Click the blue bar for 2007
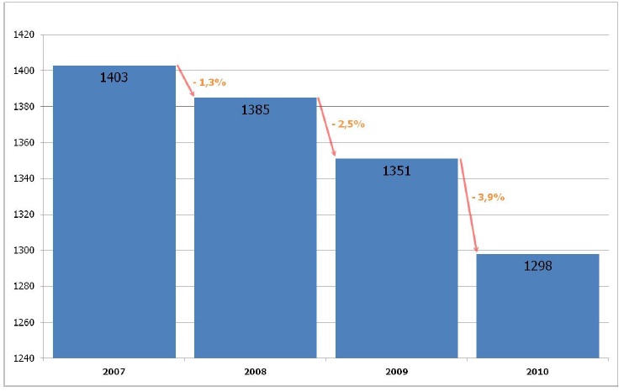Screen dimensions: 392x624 [114, 219]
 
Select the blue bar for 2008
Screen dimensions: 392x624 [255, 236]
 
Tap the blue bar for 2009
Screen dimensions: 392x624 [396, 261]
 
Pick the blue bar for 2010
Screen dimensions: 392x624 [537, 307]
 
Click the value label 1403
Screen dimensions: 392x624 [114, 77]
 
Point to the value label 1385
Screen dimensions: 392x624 [255, 109]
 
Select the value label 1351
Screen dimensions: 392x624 [396, 171]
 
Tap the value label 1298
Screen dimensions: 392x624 [537, 266]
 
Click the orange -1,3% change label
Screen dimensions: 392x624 [209, 82]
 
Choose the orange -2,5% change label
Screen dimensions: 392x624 [347, 124]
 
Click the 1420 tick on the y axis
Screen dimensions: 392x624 [23, 35]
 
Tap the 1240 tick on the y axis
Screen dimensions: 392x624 [23, 358]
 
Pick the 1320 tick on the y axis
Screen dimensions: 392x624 [23, 215]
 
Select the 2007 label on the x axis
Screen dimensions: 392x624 [114, 371]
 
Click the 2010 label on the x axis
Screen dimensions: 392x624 [537, 371]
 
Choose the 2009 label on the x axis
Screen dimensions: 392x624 [396, 371]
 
